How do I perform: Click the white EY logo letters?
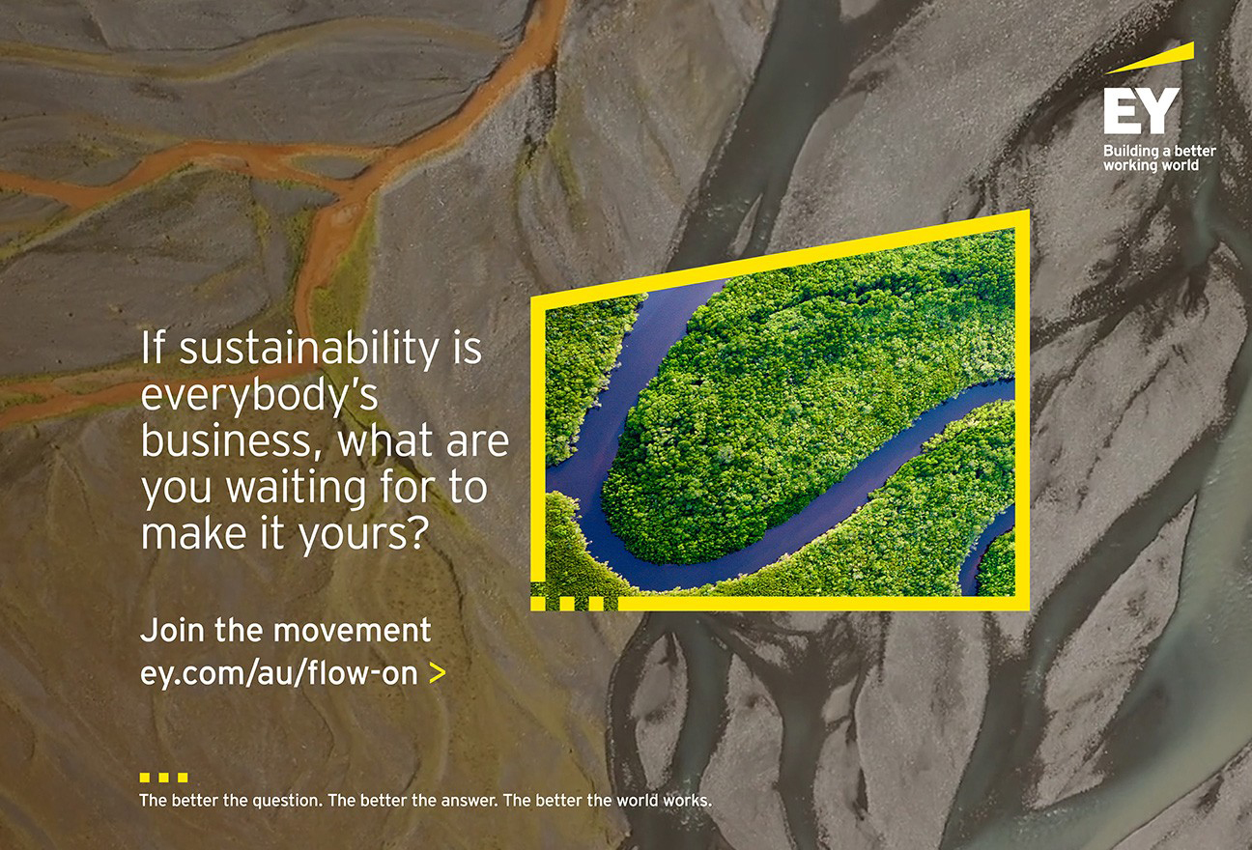(x=1141, y=111)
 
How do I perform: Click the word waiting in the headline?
(x=296, y=489)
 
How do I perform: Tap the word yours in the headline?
(x=362, y=535)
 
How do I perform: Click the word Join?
(x=173, y=631)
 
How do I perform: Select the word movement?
(x=352, y=631)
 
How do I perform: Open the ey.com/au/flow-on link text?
(x=279, y=673)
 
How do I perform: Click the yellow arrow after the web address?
(x=437, y=673)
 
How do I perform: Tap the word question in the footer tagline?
(x=288, y=802)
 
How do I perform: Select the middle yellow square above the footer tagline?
(x=164, y=778)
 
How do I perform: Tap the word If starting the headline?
(x=153, y=347)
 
